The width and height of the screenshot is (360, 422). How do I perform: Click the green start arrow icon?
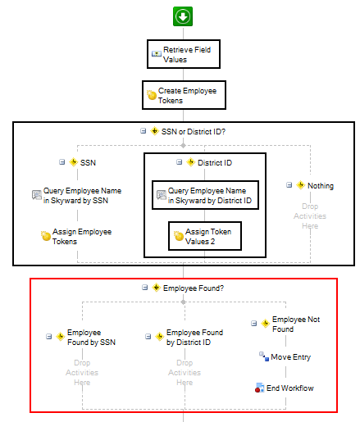coord(183,16)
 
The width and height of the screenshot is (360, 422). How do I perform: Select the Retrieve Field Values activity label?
coord(187,55)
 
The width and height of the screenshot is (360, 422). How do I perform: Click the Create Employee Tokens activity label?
coord(187,96)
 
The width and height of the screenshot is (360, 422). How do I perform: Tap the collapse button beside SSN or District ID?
coord(143,131)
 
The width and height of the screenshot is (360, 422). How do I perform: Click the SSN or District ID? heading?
coord(194,132)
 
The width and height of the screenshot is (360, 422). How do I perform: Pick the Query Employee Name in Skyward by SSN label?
coord(82,196)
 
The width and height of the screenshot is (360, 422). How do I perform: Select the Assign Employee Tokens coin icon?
coord(46,236)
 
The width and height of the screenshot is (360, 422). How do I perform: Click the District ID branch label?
coord(215,163)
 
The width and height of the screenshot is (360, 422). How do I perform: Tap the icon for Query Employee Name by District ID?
coord(162,195)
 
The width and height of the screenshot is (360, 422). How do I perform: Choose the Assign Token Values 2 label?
coord(208,237)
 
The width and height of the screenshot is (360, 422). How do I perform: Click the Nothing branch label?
coord(321,186)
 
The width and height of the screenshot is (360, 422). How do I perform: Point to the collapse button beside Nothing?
coord(289,185)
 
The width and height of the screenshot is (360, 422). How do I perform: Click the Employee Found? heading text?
coord(194,288)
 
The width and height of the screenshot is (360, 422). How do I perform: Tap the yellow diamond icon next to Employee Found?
coord(156,288)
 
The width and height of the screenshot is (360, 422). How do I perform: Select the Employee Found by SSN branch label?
coord(91,338)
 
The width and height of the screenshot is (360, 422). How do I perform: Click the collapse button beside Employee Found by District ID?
coord(148,336)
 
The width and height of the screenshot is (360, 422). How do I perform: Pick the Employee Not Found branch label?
coord(296,324)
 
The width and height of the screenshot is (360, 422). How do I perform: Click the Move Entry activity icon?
coord(264,356)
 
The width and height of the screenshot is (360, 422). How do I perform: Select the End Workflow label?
coord(290,388)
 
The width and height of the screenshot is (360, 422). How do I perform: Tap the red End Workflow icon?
coord(259,388)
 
